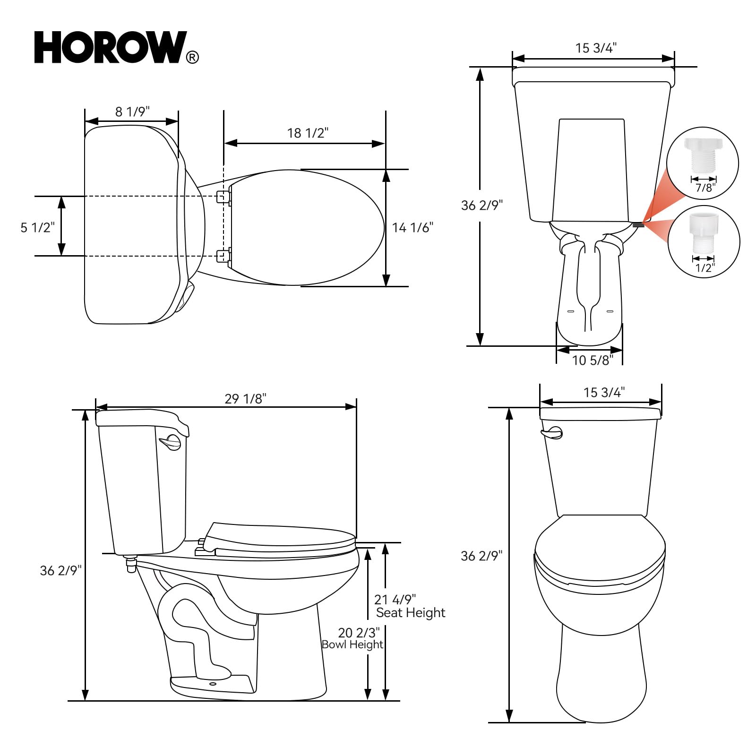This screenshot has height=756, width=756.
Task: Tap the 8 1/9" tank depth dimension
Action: coord(132,112)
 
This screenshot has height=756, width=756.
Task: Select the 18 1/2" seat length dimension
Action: coord(308,133)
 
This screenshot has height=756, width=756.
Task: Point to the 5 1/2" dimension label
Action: coord(37,227)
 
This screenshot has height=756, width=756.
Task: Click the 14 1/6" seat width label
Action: coord(412,228)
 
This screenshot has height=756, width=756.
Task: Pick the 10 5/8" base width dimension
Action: coord(592,361)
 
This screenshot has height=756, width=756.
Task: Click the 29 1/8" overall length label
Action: coord(245,399)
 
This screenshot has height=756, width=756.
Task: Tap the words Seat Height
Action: coord(410,613)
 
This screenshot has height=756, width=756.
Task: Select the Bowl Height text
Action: coord(352,644)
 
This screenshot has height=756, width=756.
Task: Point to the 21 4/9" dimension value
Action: coord(395,600)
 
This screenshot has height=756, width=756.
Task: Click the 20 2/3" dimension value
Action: coord(359,633)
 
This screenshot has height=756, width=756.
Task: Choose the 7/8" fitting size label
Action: coord(705,188)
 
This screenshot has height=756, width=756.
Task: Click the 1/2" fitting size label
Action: coord(704,268)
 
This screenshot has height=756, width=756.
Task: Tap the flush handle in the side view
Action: coord(171,443)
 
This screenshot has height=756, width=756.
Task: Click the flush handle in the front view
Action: coord(552,432)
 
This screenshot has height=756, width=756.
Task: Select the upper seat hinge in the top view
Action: coord(223,197)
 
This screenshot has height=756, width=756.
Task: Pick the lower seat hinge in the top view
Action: coord(223,255)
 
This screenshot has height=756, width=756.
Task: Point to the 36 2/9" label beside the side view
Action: coord(60,570)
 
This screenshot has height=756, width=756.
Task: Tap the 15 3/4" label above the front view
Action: coord(604,392)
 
